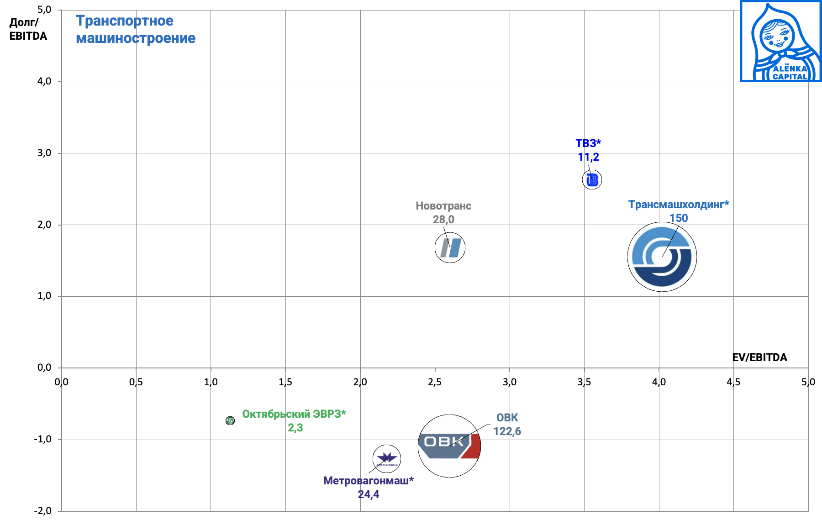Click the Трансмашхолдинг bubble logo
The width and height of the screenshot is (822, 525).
tap(662, 257)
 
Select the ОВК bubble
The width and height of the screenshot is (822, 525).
tap(449, 446)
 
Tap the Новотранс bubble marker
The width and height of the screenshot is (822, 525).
tap(450, 248)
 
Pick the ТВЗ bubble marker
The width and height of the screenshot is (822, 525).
tap(592, 180)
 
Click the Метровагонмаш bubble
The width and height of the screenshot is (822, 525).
tap(387, 459)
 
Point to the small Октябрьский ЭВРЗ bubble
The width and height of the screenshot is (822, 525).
tap(230, 420)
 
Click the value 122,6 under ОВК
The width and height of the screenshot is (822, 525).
tap(507, 431)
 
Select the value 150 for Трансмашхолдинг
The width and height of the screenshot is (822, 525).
tap(679, 218)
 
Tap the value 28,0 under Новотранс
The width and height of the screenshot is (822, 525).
tap(443, 220)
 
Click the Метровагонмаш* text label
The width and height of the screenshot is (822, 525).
tap(368, 481)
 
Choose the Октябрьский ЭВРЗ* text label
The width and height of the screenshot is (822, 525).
tap(294, 414)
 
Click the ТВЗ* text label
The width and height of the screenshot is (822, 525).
tap(588, 143)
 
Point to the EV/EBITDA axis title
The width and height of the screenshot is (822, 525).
tap(759, 357)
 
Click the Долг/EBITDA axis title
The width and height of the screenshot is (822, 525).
tap(28, 29)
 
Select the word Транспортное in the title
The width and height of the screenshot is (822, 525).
tap(125, 21)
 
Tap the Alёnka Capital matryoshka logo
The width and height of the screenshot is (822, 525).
tap(780, 41)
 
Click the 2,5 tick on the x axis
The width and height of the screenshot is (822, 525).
tap(435, 382)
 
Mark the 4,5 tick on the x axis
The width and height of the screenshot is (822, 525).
tap(733, 382)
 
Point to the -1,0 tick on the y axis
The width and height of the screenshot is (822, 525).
tap(42, 439)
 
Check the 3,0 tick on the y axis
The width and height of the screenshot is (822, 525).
tap(44, 153)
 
